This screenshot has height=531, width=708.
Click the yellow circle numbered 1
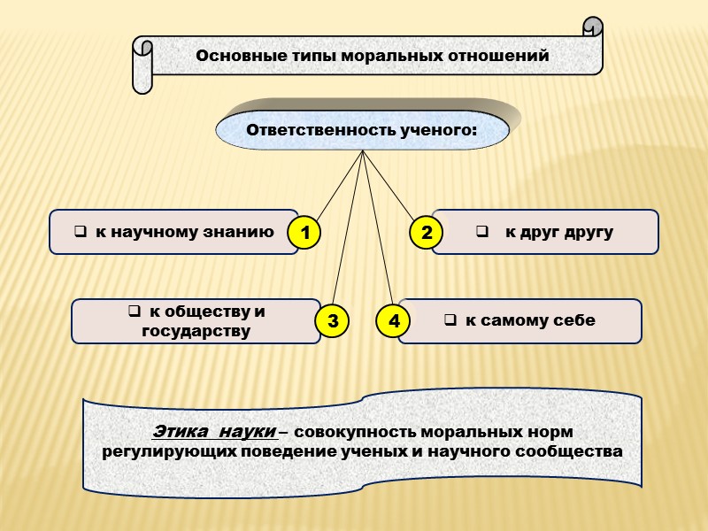(x=304, y=235)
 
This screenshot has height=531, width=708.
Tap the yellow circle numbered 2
(x=427, y=233)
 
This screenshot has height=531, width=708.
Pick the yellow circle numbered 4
(x=394, y=321)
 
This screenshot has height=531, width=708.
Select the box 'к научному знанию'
(x=173, y=232)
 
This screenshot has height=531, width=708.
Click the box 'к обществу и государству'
(x=196, y=321)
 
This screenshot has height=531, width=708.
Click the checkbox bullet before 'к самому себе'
(x=449, y=320)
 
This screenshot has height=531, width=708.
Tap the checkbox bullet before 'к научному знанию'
(x=80, y=233)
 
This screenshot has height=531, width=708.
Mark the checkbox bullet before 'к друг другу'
(x=483, y=233)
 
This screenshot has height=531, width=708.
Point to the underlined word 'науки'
(x=248, y=432)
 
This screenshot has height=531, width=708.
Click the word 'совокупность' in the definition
(x=347, y=432)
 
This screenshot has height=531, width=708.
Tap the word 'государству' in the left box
(x=196, y=331)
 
